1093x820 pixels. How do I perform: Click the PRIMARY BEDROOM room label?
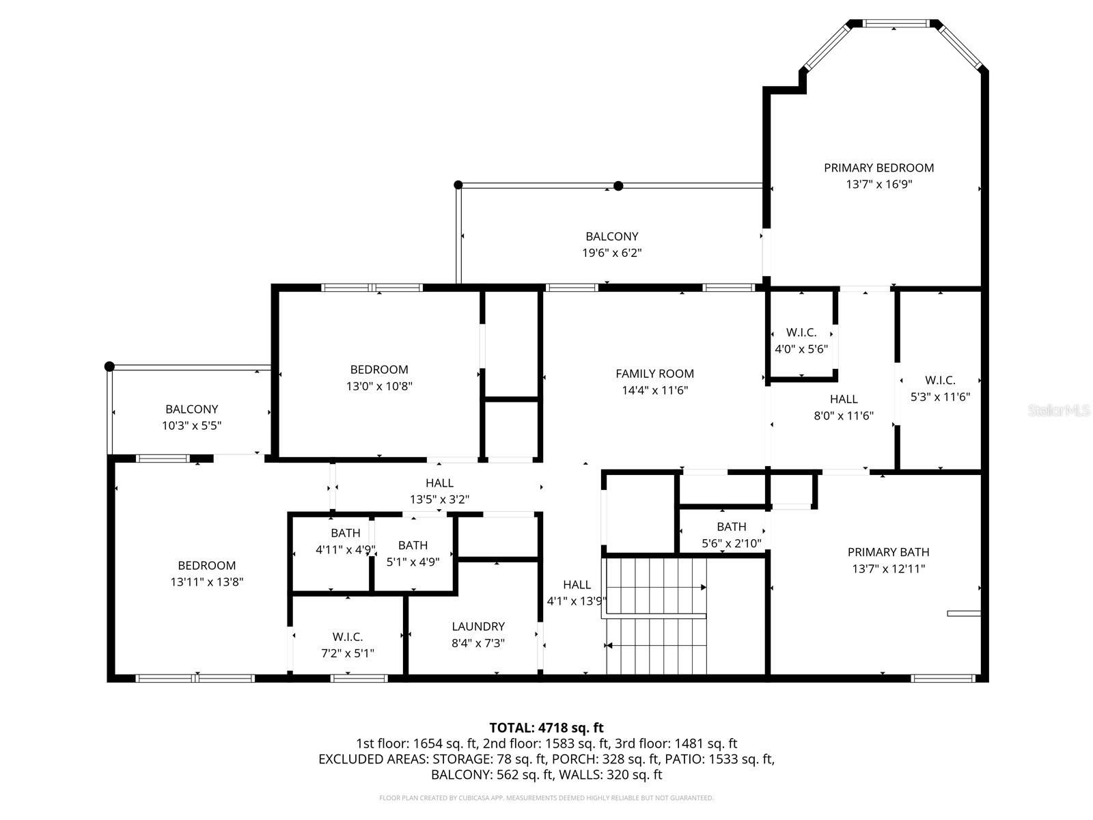coord(878,167)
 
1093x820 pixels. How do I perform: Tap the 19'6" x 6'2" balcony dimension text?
coord(611,253)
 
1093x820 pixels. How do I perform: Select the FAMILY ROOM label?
coord(654,374)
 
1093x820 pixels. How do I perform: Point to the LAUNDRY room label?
coord(478,627)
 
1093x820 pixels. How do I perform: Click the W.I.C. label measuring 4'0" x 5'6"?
coord(801,333)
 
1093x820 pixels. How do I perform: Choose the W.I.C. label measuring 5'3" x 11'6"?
coord(940,381)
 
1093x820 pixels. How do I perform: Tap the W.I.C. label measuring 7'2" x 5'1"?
coord(348,637)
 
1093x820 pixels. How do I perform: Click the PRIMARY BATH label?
coord(888,552)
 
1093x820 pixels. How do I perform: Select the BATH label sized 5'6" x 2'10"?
coord(731,527)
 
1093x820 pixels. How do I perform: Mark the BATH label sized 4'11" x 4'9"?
coord(345,533)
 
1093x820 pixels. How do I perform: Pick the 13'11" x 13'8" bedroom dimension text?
coord(207,582)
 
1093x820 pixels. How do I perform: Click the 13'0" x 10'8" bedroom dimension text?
coord(379,386)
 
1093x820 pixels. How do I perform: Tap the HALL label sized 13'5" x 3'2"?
coord(439,483)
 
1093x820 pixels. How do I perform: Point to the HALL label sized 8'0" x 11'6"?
coord(844,399)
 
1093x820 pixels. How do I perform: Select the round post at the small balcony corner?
coord(109,366)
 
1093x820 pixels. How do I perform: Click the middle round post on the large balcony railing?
coord(618,186)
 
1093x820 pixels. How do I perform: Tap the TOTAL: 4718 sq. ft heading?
coord(546,728)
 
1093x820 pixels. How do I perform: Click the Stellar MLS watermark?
coord(1060,410)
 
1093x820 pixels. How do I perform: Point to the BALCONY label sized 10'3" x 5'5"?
coord(191,409)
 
